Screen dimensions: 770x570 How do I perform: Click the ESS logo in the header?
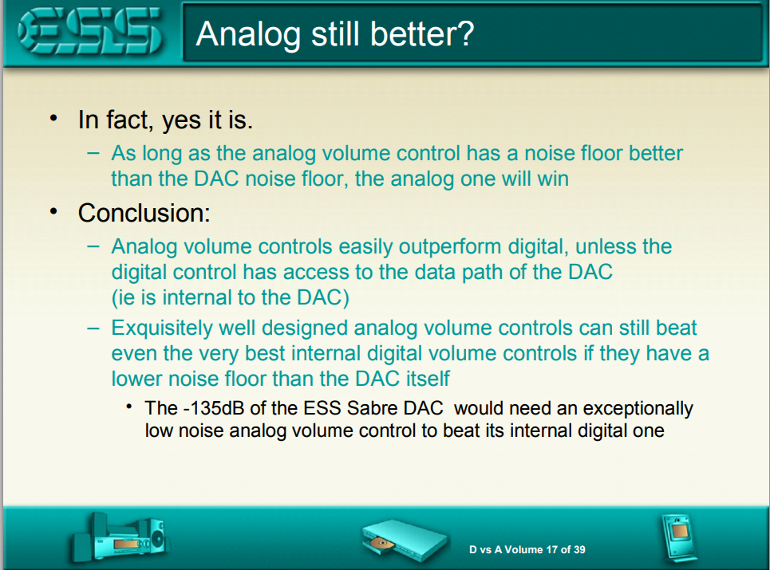tap(90, 31)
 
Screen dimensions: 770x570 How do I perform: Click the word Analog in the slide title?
tap(248, 34)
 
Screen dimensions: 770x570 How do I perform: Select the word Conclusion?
tap(144, 213)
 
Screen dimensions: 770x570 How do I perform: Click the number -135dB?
tap(214, 407)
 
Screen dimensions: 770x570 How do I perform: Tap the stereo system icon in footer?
tap(119, 537)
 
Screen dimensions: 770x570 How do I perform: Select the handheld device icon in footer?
tap(679, 537)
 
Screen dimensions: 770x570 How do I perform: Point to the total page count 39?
tap(579, 549)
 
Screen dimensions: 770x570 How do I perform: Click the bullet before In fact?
tap(53, 118)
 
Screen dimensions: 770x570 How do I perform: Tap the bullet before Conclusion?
tap(53, 211)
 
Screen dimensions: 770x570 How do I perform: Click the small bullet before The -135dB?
tap(129, 407)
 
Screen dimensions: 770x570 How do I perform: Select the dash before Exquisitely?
tap(93, 328)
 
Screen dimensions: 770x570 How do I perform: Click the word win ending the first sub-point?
tap(553, 179)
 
